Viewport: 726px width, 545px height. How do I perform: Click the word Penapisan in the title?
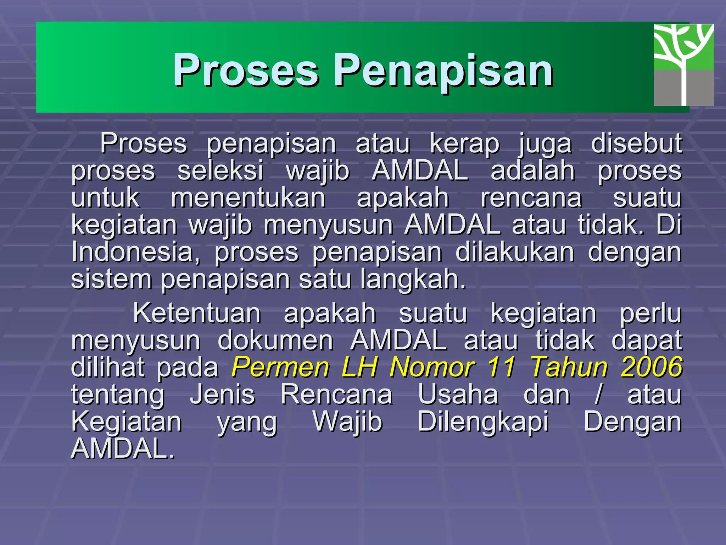(x=443, y=70)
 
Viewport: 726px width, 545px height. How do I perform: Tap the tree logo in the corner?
(x=683, y=65)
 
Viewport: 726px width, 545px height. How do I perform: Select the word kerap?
(x=465, y=144)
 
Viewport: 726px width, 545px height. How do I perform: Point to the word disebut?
(x=636, y=144)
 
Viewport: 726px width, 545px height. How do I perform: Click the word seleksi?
(x=220, y=171)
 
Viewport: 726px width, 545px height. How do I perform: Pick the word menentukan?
(x=248, y=198)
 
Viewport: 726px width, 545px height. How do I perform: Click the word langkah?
(x=413, y=279)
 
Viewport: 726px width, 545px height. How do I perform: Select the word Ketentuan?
(x=197, y=313)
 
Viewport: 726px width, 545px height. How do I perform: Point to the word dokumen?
(x=275, y=340)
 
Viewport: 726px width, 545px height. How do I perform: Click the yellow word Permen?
(x=280, y=367)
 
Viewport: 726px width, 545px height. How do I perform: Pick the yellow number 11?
(x=501, y=367)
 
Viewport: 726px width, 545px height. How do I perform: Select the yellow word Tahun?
(x=569, y=367)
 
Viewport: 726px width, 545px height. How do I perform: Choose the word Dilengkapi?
(x=483, y=422)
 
